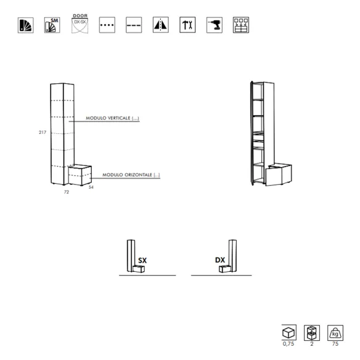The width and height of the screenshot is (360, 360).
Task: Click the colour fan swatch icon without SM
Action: pos(25,25)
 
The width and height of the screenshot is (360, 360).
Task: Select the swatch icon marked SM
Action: pos(52,25)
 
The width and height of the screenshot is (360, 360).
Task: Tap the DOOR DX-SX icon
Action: pos(80,23)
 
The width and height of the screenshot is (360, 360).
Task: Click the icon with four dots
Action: pos(107,25)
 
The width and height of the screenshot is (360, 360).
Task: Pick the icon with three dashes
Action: pos(134,25)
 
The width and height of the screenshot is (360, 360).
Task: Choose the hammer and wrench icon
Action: pos(187,25)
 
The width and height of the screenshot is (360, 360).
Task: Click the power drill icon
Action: pos(215,25)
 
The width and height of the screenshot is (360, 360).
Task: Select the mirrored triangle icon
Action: pos(161,25)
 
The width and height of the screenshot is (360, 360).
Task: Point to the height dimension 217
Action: pos(43,133)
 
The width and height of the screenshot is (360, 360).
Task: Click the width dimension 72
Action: pos(67,192)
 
